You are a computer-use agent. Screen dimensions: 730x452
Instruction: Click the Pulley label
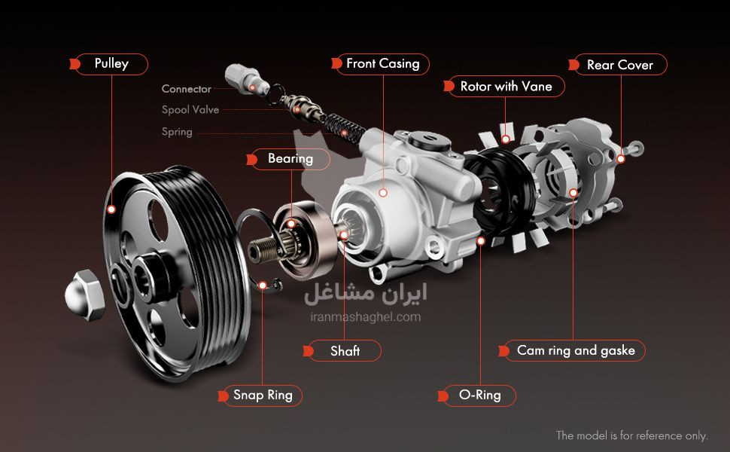[x=111, y=64]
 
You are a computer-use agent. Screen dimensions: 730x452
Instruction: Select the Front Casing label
[x=383, y=64]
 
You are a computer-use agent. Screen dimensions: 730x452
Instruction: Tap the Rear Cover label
[x=619, y=65]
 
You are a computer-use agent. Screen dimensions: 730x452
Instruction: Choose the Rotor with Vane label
[x=506, y=87]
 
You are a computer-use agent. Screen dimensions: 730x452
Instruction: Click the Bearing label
[x=290, y=159]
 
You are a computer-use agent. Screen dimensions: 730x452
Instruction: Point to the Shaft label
[x=345, y=351]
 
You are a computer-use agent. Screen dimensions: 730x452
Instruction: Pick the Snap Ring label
[x=263, y=395]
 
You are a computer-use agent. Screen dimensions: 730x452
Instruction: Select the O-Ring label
[x=479, y=395]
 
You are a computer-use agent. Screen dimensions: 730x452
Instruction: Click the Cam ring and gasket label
[x=576, y=350]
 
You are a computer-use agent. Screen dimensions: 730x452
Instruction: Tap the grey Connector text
[x=186, y=89]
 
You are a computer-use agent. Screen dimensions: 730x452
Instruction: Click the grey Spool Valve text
[x=190, y=110]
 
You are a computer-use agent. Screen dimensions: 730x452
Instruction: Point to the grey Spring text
[x=177, y=132]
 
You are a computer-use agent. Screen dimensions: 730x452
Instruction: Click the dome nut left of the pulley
[x=84, y=295]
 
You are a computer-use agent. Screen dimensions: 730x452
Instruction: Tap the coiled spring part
[x=344, y=127]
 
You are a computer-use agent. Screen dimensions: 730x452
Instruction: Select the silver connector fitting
[x=247, y=80]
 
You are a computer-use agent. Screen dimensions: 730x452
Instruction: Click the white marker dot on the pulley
[x=111, y=209]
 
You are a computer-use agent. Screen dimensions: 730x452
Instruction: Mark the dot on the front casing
[x=383, y=192]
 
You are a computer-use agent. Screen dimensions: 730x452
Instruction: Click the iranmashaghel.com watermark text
[x=366, y=317]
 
